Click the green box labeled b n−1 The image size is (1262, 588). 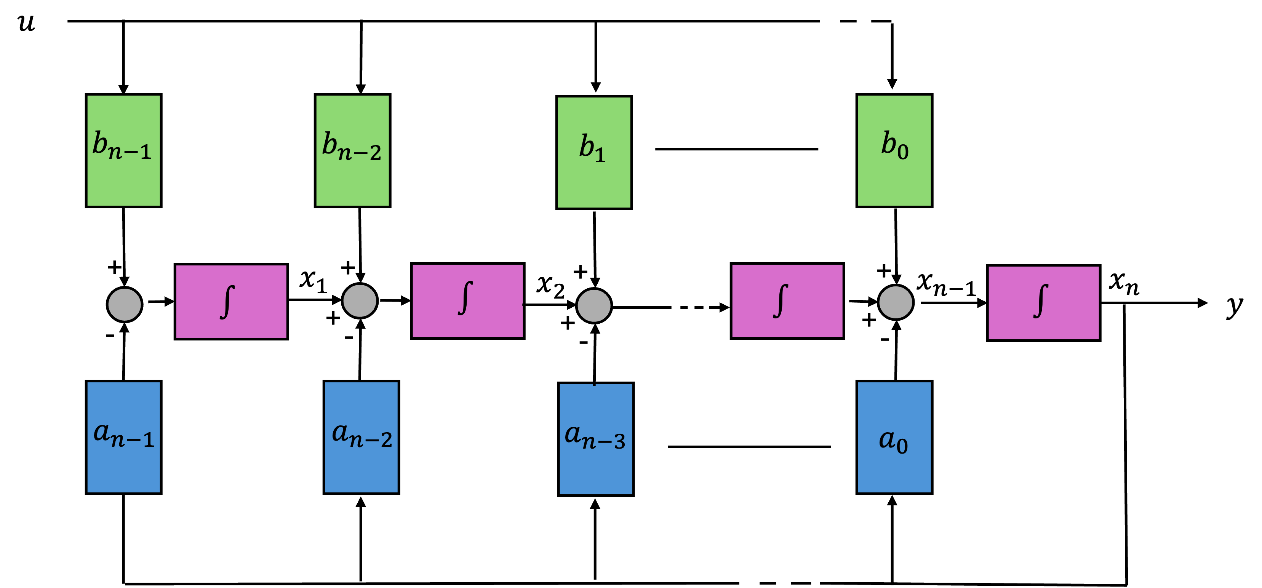coord(123,150)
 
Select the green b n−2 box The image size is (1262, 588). coord(352,150)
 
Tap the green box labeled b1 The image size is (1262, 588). coord(594,152)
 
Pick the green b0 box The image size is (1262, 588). coord(894,150)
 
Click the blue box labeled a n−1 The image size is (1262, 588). coord(123,437)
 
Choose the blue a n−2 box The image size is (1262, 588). coord(361,437)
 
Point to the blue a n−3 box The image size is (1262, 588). coord(596,439)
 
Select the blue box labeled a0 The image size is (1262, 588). coord(894,437)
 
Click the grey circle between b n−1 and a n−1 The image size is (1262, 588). coord(125,305)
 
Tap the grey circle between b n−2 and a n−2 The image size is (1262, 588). coord(360,300)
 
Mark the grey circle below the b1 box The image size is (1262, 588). coord(594,305)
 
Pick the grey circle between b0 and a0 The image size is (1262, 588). coord(896,302)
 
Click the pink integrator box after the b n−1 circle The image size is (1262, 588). coord(231,301)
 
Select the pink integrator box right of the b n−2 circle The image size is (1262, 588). coord(467,300)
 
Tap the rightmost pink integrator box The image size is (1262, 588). coord(1043,302)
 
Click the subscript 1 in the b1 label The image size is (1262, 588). coord(600,156)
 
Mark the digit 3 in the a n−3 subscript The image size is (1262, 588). coord(619,442)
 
